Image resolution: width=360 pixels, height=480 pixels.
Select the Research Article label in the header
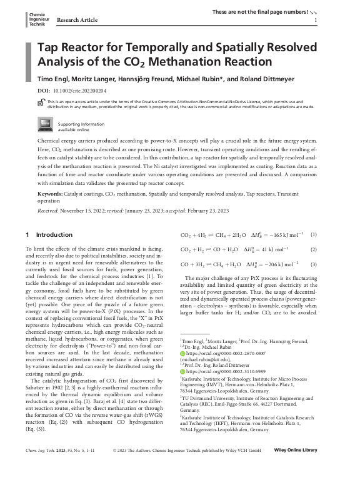pyautogui.click(x=77, y=20)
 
